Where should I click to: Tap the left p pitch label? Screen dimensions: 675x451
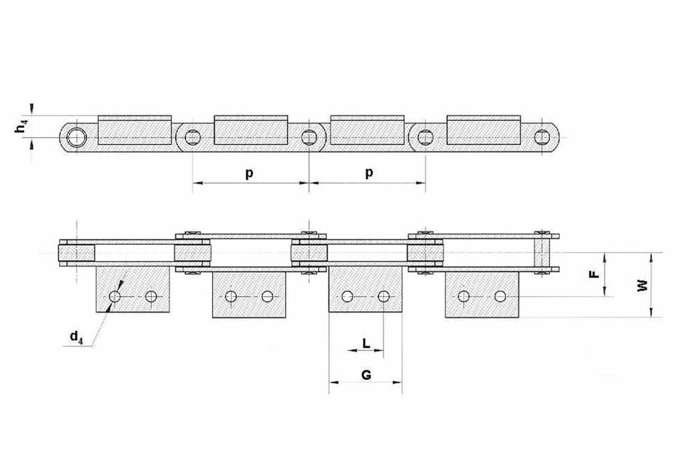249,173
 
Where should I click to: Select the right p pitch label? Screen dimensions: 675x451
369,173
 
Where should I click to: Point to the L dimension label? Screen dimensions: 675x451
366,343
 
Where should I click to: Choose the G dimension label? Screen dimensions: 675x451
366,376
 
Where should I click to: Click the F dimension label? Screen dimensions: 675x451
594,274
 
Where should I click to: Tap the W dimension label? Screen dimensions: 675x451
643,286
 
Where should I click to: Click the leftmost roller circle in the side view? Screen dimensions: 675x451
76,138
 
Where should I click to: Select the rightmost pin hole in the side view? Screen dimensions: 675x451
542,137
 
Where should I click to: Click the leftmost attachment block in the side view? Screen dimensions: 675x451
134,130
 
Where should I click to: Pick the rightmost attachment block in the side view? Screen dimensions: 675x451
484,130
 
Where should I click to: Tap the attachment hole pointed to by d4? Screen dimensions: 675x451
115,297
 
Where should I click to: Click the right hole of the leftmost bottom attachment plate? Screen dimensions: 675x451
151,297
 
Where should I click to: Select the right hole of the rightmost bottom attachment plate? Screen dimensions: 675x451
500,296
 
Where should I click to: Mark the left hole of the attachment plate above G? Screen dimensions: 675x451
348,296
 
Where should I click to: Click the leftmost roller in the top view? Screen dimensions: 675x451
76,252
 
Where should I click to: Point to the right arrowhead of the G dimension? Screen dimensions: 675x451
397,382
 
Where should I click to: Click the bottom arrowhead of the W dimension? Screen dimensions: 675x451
651,313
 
